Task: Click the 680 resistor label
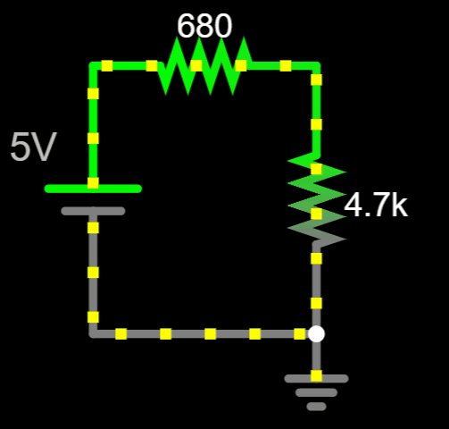pos(204,26)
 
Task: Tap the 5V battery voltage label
pos(33,147)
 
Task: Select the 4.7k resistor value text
pos(376,205)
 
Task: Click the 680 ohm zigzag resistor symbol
pos(204,66)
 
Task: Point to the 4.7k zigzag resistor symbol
pos(317,199)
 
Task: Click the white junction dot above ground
pos(316,333)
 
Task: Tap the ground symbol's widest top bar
pos(316,379)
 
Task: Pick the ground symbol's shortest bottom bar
pos(316,407)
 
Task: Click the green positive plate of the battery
pos(93,189)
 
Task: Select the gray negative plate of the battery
pos(93,211)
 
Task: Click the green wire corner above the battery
pos(93,66)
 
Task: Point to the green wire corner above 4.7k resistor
pos(316,66)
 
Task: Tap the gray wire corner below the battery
pos(93,333)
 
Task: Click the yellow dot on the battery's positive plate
pos(93,183)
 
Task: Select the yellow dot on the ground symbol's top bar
pos(316,375)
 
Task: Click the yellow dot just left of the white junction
pos(300,333)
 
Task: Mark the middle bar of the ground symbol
pos(316,392)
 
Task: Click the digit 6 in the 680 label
pos(186,26)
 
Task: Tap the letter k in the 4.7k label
pos(400,205)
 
